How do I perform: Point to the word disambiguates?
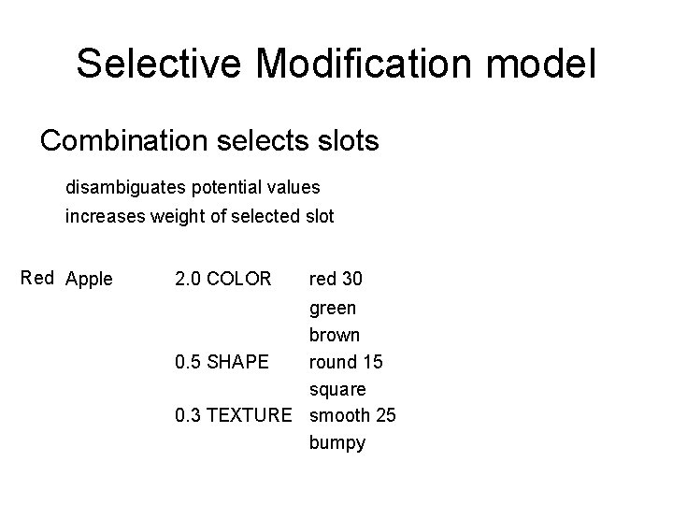pyautogui.click(x=126, y=187)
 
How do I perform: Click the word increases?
pyautogui.click(x=102, y=217)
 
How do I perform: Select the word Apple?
pyautogui.click(x=90, y=279)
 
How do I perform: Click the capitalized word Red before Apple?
pyautogui.click(x=37, y=278)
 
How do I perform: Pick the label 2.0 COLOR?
pyautogui.click(x=222, y=279)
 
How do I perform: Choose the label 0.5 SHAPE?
pyautogui.click(x=222, y=361)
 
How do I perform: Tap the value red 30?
pyautogui.click(x=336, y=279)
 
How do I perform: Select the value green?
pyautogui.click(x=332, y=308)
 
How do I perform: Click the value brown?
pyautogui.click(x=334, y=334)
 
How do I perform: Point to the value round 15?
pyautogui.click(x=346, y=361)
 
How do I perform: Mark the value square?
pyautogui.click(x=337, y=388)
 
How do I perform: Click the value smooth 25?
pyautogui.click(x=352, y=414)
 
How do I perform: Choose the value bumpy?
pyautogui.click(x=336, y=442)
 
